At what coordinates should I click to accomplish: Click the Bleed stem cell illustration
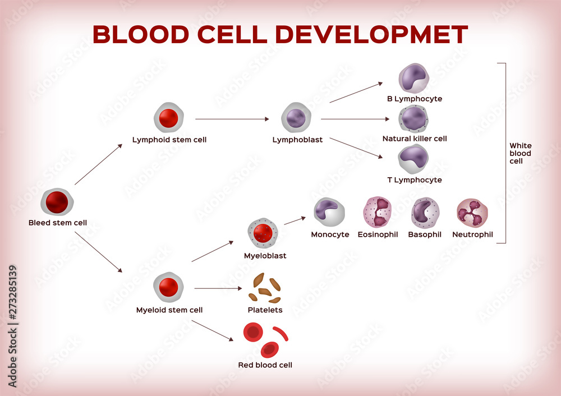coord(57,202)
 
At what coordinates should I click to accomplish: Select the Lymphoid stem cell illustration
coord(169,118)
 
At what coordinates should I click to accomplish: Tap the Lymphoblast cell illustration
coord(297,118)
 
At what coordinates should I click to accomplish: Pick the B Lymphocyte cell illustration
coord(414,78)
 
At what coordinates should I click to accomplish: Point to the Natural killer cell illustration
coord(414,118)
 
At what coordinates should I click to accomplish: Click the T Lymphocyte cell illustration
coord(414,159)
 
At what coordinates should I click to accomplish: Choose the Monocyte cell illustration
coord(329,213)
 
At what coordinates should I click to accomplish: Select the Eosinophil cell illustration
coord(377,212)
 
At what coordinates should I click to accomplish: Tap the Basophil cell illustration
coord(425,213)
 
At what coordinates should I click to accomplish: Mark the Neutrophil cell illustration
coord(472,213)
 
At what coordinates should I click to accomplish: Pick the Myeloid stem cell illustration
coord(169,287)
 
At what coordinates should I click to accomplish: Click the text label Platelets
coord(265,310)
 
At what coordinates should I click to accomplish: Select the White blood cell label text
coord(520,153)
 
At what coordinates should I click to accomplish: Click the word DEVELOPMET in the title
coord(371,35)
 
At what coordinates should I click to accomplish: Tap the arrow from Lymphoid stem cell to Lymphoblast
coord(233,119)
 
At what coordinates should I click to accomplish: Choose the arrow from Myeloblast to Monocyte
coord(295,220)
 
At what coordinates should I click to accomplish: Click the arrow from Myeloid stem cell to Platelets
coord(219,288)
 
